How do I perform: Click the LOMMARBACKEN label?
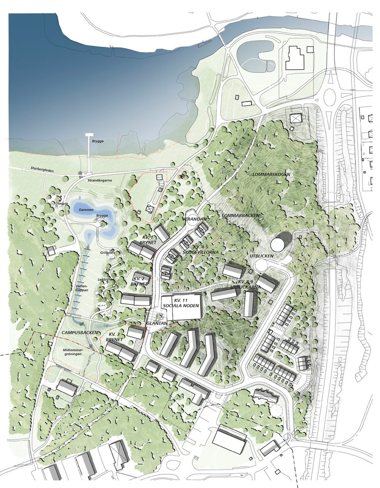tap(241, 215)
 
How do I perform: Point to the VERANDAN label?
tap(193, 220)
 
